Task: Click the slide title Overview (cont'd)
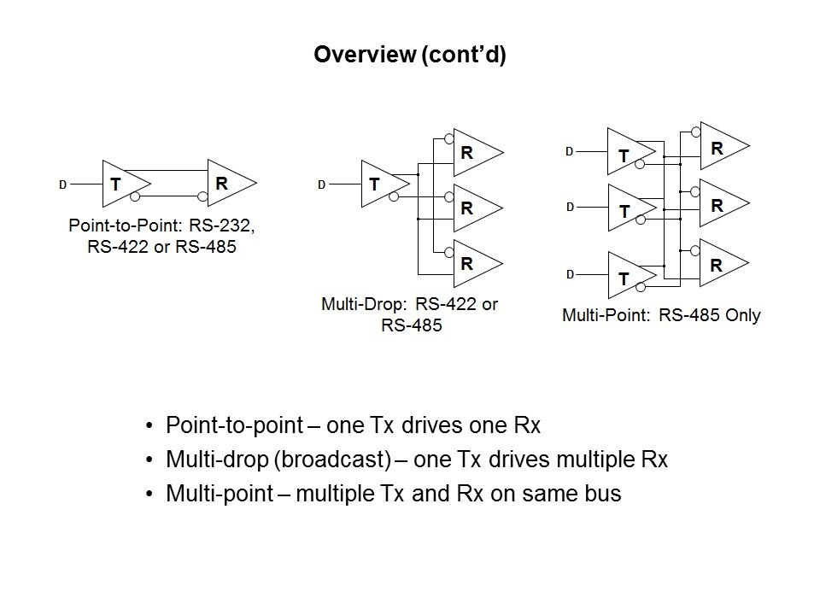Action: point(410,56)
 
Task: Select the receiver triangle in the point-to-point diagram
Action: point(227,183)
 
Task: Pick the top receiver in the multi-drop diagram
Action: point(472,154)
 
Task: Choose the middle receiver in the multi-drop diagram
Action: point(472,208)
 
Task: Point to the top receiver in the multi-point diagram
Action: point(720,147)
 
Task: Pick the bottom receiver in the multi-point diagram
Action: point(720,265)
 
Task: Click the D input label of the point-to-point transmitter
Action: point(61,184)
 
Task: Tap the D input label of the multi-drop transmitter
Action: point(321,184)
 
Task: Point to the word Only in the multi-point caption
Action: point(742,315)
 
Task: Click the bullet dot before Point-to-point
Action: point(150,425)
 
